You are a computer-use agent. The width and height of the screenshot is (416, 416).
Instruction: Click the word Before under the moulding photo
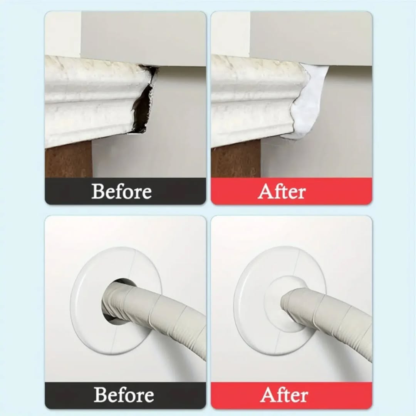coord(121,191)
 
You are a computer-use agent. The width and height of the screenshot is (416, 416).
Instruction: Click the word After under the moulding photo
coord(282,191)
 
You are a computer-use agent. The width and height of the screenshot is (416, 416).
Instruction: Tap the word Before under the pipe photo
coord(124,395)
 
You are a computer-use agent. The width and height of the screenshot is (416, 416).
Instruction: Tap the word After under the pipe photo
coord(284,395)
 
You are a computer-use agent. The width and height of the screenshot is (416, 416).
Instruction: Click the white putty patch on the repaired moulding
coord(308,104)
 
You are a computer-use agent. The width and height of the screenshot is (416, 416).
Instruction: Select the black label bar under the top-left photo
coord(126,191)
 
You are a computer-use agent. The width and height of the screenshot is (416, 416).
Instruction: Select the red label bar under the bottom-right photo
coord(292,395)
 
